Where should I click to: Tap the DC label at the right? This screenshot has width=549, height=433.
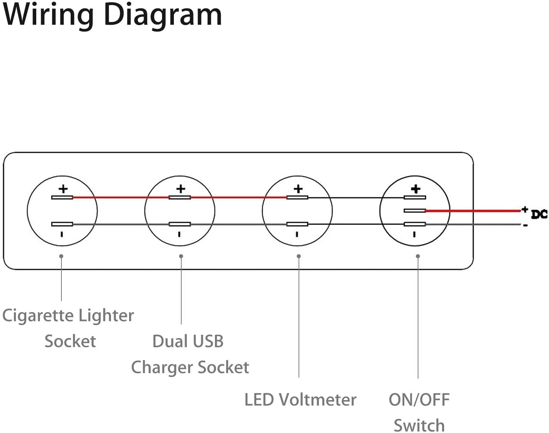(x=539, y=214)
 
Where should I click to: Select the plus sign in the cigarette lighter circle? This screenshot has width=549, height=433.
(x=63, y=189)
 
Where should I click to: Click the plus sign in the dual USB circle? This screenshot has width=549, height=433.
(x=181, y=189)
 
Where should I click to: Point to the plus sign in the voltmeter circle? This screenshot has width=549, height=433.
(x=298, y=189)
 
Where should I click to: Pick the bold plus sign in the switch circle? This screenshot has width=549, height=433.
(x=415, y=189)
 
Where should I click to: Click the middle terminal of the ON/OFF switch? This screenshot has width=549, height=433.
(x=415, y=211)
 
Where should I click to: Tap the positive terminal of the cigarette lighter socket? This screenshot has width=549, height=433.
(x=62, y=198)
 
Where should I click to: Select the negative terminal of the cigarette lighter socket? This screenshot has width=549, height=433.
(x=62, y=224)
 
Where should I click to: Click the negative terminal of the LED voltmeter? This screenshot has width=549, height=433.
(x=297, y=224)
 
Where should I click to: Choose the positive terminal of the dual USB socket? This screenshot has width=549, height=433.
(x=180, y=198)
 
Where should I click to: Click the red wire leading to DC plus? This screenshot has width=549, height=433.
(x=473, y=211)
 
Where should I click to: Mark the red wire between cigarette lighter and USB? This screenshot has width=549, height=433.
(x=121, y=198)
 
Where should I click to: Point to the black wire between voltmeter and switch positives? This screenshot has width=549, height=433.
(x=356, y=198)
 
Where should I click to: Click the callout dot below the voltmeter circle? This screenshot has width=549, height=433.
(x=299, y=256)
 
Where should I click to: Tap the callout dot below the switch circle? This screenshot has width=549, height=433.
(x=418, y=256)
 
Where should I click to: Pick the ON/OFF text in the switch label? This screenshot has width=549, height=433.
(x=419, y=400)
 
